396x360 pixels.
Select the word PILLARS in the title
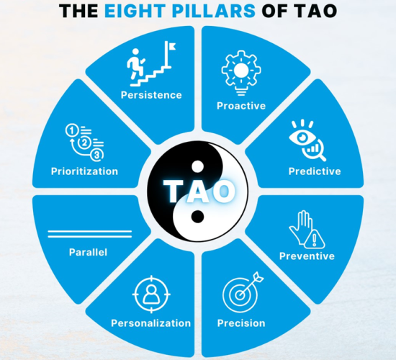click(215, 11)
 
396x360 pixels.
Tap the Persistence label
click(151, 95)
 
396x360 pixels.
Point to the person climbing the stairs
click(135, 63)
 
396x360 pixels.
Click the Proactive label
click(241, 106)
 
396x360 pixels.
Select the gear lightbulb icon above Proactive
click(241, 73)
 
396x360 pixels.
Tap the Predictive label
click(315, 171)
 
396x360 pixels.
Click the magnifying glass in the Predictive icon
click(314, 150)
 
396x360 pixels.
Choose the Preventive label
click(307, 256)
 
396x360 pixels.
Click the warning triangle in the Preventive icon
click(315, 240)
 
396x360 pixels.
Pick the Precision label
click(241, 323)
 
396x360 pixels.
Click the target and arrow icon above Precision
click(243, 292)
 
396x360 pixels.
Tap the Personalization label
click(151, 323)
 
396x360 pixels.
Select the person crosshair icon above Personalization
click(151, 294)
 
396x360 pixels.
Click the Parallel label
click(88, 252)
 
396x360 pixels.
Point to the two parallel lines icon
click(90, 234)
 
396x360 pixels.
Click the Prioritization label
click(84, 171)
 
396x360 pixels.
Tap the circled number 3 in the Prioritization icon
click(97, 155)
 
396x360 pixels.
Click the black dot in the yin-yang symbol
click(197, 217)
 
